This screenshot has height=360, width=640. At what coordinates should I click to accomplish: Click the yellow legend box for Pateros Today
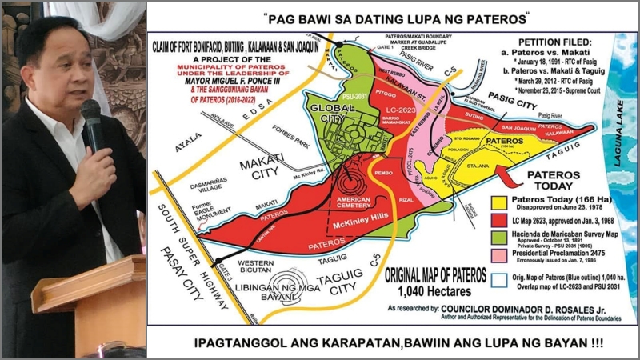point(501,198)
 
